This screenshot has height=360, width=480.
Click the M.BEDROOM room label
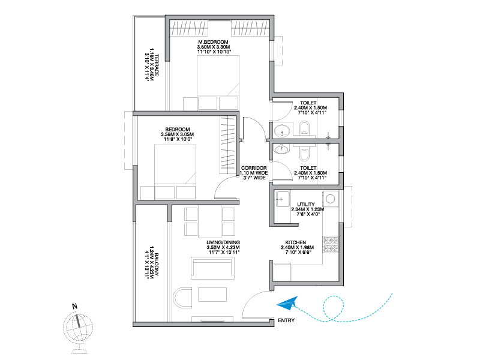tap(214, 42)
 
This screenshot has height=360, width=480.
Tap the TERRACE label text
tap(157, 65)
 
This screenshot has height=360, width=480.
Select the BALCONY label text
tap(157, 264)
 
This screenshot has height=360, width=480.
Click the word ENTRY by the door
tap(286, 320)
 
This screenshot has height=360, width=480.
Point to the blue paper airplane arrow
tap(287, 304)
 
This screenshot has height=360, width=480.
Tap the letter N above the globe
tap(74, 306)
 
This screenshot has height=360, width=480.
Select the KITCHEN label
tap(295, 242)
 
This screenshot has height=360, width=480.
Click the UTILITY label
tap(306, 204)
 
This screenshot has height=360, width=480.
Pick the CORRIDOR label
tap(254, 168)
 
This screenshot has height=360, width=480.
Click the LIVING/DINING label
tap(223, 242)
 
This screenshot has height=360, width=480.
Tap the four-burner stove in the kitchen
tap(331, 245)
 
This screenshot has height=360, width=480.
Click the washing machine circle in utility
tap(331, 199)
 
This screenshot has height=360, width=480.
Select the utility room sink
tap(283, 199)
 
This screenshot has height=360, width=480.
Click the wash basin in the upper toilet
tap(281, 131)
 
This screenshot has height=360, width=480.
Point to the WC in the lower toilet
tap(304, 154)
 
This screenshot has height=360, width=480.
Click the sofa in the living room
tap(213, 268)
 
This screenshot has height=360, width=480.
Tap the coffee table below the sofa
tap(212, 295)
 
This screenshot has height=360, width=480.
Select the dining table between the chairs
tap(210, 221)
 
